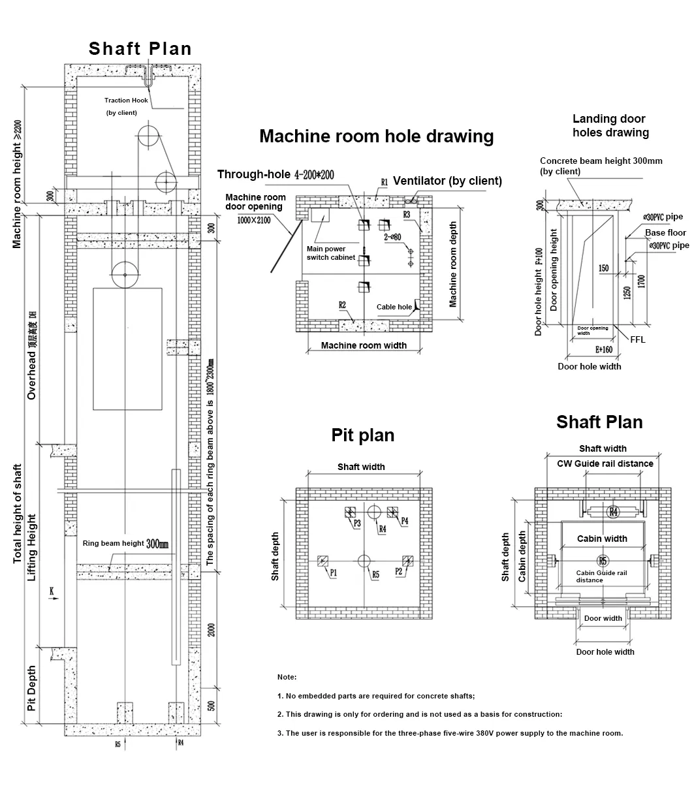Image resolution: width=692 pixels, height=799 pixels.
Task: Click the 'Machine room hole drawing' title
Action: point(376,136)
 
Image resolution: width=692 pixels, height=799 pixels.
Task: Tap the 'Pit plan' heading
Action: point(363,435)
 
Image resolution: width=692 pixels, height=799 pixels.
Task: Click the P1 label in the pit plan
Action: point(333,572)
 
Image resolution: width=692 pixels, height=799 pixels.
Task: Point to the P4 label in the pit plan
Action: point(405,521)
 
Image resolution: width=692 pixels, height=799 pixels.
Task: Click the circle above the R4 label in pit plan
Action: point(375,512)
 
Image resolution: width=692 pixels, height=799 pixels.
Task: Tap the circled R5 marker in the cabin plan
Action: point(603,561)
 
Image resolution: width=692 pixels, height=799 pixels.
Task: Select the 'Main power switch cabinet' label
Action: point(331,253)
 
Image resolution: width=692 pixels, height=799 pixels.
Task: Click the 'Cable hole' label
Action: point(394,307)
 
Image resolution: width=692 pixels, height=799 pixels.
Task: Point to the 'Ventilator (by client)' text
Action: point(447,181)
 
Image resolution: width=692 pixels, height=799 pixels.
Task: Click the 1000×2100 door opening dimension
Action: point(255,220)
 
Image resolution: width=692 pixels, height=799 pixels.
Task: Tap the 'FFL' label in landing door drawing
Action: point(638,339)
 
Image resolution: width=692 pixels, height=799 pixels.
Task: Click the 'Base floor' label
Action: point(665,232)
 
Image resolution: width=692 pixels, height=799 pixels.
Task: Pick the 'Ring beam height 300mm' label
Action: point(125,543)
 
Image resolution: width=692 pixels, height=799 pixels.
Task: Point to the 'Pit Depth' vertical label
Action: point(31,689)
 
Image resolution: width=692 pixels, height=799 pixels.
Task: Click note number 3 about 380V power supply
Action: point(450,732)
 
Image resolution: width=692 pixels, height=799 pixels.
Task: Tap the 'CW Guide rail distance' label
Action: point(605,463)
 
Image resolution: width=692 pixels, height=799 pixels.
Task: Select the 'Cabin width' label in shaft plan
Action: point(602,539)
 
